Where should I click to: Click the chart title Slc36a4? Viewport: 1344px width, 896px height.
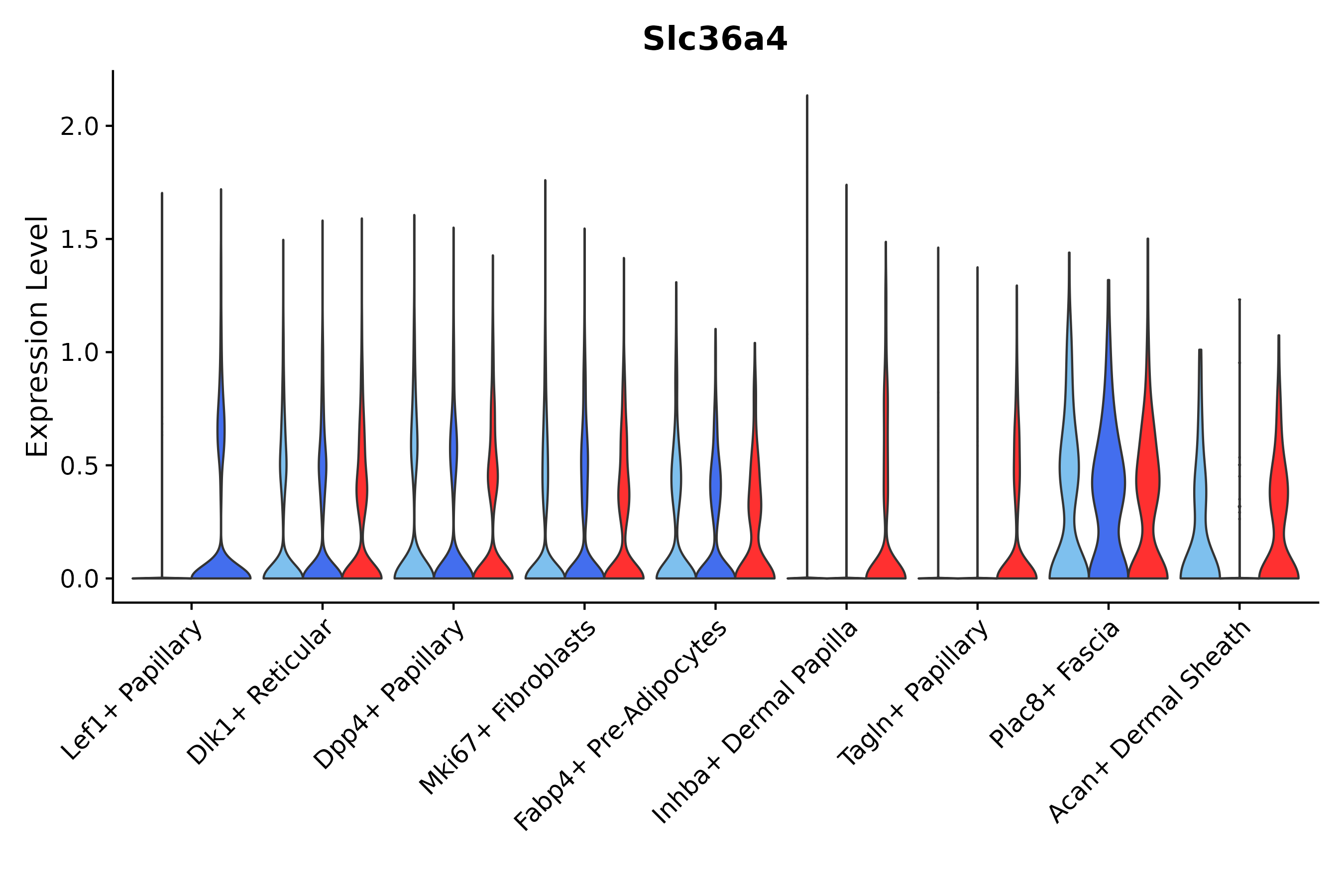(x=714, y=39)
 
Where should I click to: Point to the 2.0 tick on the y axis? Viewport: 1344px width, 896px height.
(x=80, y=126)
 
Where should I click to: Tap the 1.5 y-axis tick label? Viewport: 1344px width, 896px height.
(x=80, y=239)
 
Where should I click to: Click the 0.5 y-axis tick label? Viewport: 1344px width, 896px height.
(x=80, y=466)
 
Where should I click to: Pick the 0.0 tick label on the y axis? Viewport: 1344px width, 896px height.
(x=80, y=579)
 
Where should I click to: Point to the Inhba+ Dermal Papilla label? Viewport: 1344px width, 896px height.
(x=755, y=722)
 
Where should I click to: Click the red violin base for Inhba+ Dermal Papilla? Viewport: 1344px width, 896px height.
(x=886, y=565)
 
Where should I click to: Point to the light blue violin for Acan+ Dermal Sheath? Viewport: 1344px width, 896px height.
(x=1200, y=514)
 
